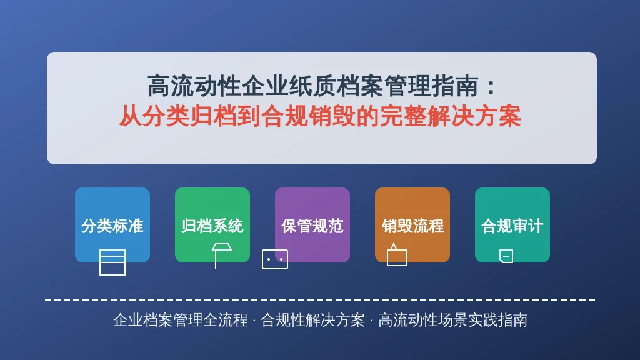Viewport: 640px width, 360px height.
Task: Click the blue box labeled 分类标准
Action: pos(112,225)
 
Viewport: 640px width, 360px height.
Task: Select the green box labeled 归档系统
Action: pos(212,225)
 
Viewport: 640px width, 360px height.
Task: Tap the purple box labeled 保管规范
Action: pos(312,225)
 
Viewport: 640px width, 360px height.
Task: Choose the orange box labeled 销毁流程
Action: pos(412,225)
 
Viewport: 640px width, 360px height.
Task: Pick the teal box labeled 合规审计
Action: pos(512,225)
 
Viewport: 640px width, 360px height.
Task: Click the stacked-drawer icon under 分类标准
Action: pos(112,262)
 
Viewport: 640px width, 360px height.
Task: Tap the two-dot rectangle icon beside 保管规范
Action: pos(275,259)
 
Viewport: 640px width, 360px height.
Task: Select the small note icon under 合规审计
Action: pos(506,256)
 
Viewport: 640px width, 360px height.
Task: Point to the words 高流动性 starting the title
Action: pos(194,86)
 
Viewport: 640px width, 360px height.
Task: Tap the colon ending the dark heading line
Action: pos(491,87)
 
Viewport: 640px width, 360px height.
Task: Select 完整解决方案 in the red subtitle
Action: pos(451,116)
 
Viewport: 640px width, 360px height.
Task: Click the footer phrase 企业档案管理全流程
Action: pos(181,320)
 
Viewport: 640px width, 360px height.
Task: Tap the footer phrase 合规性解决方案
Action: pos(312,320)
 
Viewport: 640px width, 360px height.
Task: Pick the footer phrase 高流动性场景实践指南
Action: pos(452,320)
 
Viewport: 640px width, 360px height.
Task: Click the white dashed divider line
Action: pos(320,300)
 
